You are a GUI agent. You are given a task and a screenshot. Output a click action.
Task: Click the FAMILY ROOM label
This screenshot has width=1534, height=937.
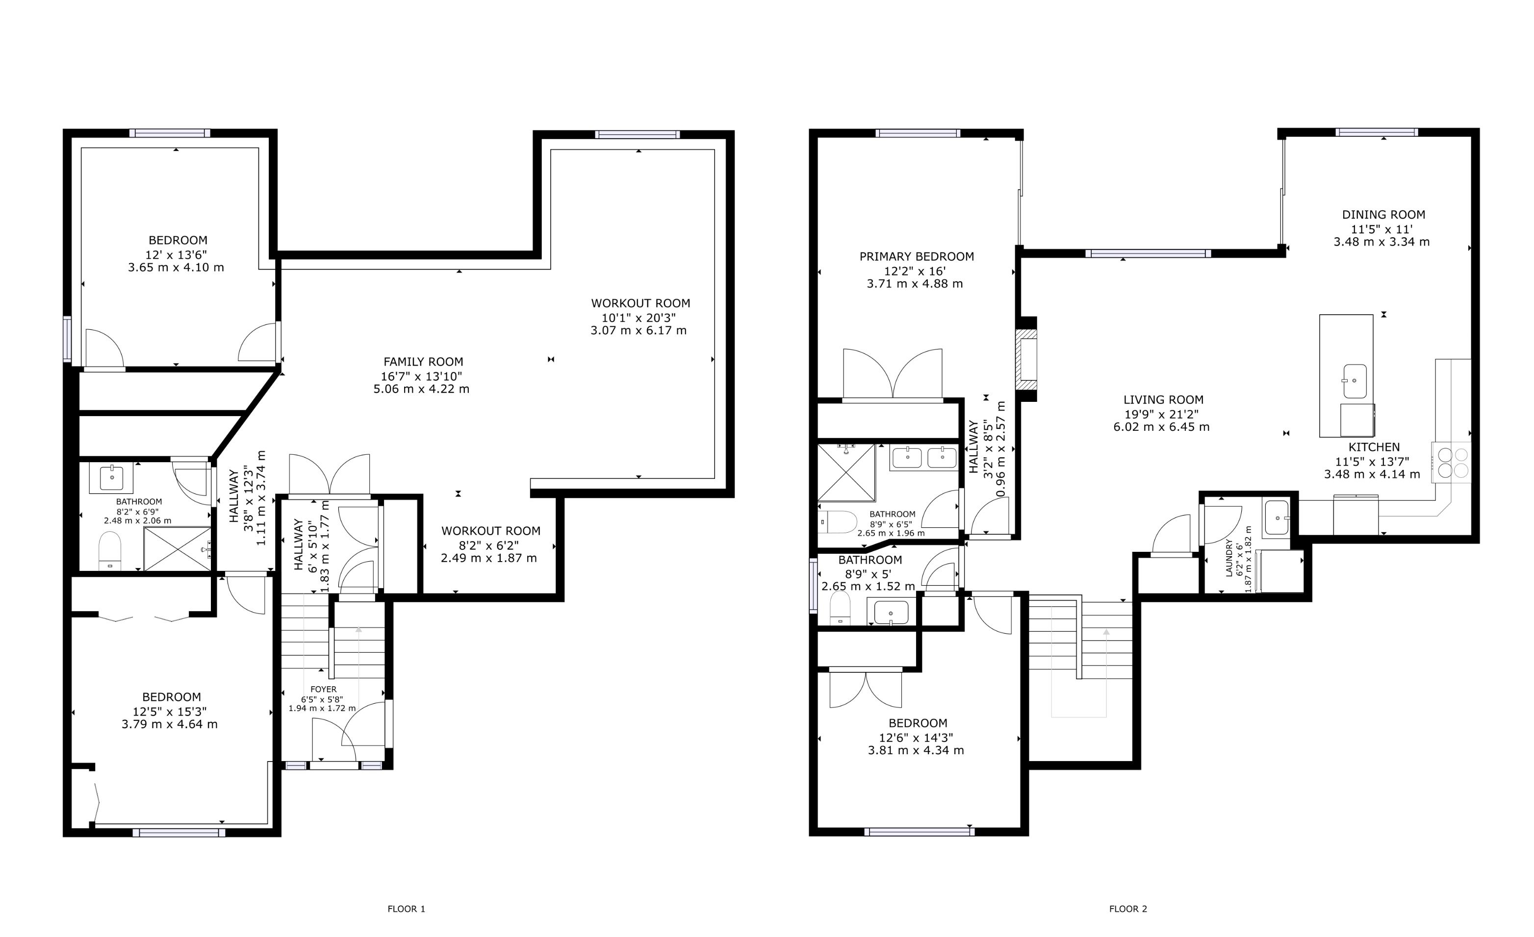click(423, 362)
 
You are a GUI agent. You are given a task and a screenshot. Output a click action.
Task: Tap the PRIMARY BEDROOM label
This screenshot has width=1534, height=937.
click(917, 256)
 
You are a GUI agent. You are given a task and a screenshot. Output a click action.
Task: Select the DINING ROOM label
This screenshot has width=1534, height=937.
click(1383, 215)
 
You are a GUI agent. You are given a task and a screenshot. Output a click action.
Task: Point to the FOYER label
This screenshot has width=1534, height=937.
click(323, 690)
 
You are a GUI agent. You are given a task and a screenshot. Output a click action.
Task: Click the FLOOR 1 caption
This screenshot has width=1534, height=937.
click(407, 909)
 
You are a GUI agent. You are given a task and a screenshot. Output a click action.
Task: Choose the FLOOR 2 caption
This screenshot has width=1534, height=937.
click(1128, 909)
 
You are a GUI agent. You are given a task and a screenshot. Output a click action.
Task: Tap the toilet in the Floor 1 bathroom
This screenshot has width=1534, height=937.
click(110, 551)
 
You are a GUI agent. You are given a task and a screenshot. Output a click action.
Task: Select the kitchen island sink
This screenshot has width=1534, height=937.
click(1354, 381)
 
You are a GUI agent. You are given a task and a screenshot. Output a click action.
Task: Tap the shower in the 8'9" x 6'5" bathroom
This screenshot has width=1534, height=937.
click(846, 473)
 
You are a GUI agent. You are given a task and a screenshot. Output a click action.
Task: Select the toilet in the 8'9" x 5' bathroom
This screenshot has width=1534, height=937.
click(840, 608)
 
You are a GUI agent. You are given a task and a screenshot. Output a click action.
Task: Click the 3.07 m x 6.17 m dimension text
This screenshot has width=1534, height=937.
click(639, 330)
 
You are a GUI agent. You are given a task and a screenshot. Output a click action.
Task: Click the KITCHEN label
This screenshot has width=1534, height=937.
click(1374, 447)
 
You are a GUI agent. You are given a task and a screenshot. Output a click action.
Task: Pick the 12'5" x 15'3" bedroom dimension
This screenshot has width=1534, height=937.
click(170, 711)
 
